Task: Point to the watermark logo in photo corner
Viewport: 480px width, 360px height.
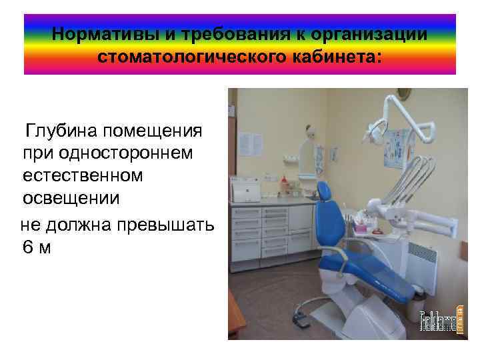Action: pyautogui.click(x=437, y=323)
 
